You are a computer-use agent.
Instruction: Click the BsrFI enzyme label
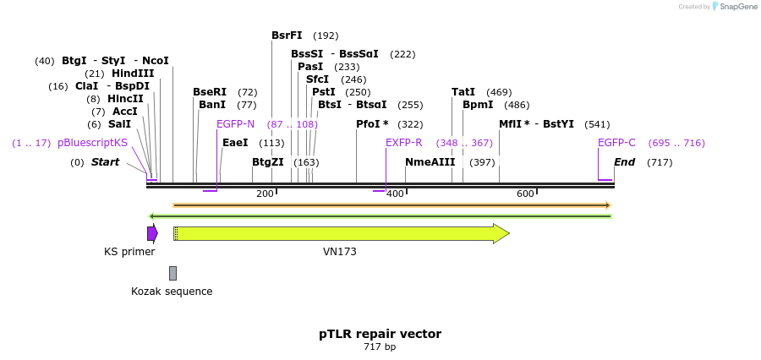(x=287, y=35)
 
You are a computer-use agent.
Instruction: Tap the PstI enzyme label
(x=323, y=92)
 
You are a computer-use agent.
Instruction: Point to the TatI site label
(x=463, y=92)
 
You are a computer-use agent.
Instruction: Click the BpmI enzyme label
(x=478, y=105)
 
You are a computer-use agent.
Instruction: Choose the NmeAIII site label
(x=430, y=162)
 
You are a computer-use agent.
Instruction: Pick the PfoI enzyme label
(x=372, y=124)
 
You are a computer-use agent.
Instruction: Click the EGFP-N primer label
(x=235, y=124)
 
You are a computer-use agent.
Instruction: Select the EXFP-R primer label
(x=404, y=143)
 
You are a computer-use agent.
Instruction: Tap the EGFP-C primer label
(x=616, y=143)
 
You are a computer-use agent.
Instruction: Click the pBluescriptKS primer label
(x=93, y=143)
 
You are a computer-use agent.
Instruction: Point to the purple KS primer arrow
(x=152, y=233)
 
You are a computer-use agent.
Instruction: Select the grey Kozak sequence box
(x=172, y=273)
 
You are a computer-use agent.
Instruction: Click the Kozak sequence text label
(x=172, y=292)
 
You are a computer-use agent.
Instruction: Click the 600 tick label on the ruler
(x=525, y=194)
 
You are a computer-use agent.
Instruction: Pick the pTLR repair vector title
(x=380, y=334)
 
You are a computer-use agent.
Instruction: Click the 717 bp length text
(x=380, y=347)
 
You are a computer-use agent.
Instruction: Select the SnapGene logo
(x=733, y=7)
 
